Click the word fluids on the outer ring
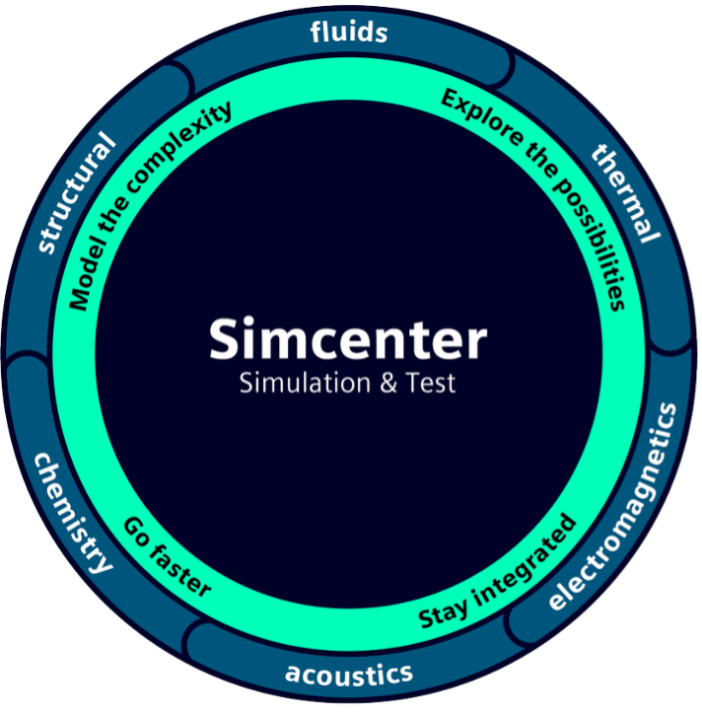coord(348,33)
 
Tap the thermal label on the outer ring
coord(625,191)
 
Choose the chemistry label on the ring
coord(72,513)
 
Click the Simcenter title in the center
coord(347,339)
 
